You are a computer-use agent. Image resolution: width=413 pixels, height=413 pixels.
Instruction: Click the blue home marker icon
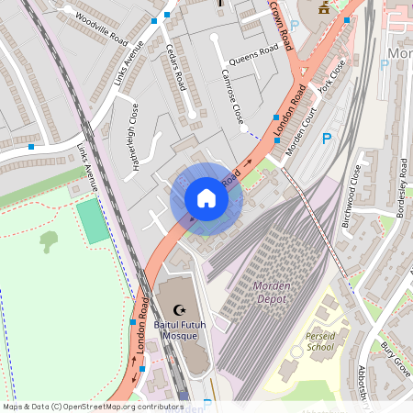[x=206, y=198]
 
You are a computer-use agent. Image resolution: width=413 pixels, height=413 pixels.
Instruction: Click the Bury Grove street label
[x=396, y=357]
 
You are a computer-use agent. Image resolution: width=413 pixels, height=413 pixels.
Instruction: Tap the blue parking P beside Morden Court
[x=326, y=139]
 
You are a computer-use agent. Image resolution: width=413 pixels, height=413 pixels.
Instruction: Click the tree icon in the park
[x=49, y=241]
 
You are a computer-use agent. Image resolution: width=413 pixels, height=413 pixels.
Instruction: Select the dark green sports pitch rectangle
[x=92, y=221]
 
